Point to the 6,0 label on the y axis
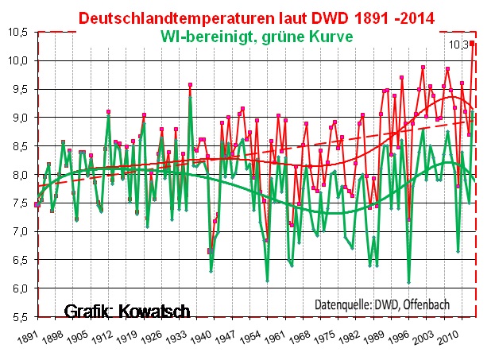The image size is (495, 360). click(x=17, y=288)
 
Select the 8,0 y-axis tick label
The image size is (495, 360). click(x=17, y=175)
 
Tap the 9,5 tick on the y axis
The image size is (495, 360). click(x=17, y=89)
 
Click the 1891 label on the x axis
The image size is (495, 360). click(x=24, y=335)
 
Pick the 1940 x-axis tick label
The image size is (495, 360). click(x=199, y=335)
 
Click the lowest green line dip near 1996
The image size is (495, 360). click(x=408, y=282)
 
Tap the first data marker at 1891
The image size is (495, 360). click(x=37, y=205)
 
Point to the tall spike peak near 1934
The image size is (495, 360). click(x=190, y=84)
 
